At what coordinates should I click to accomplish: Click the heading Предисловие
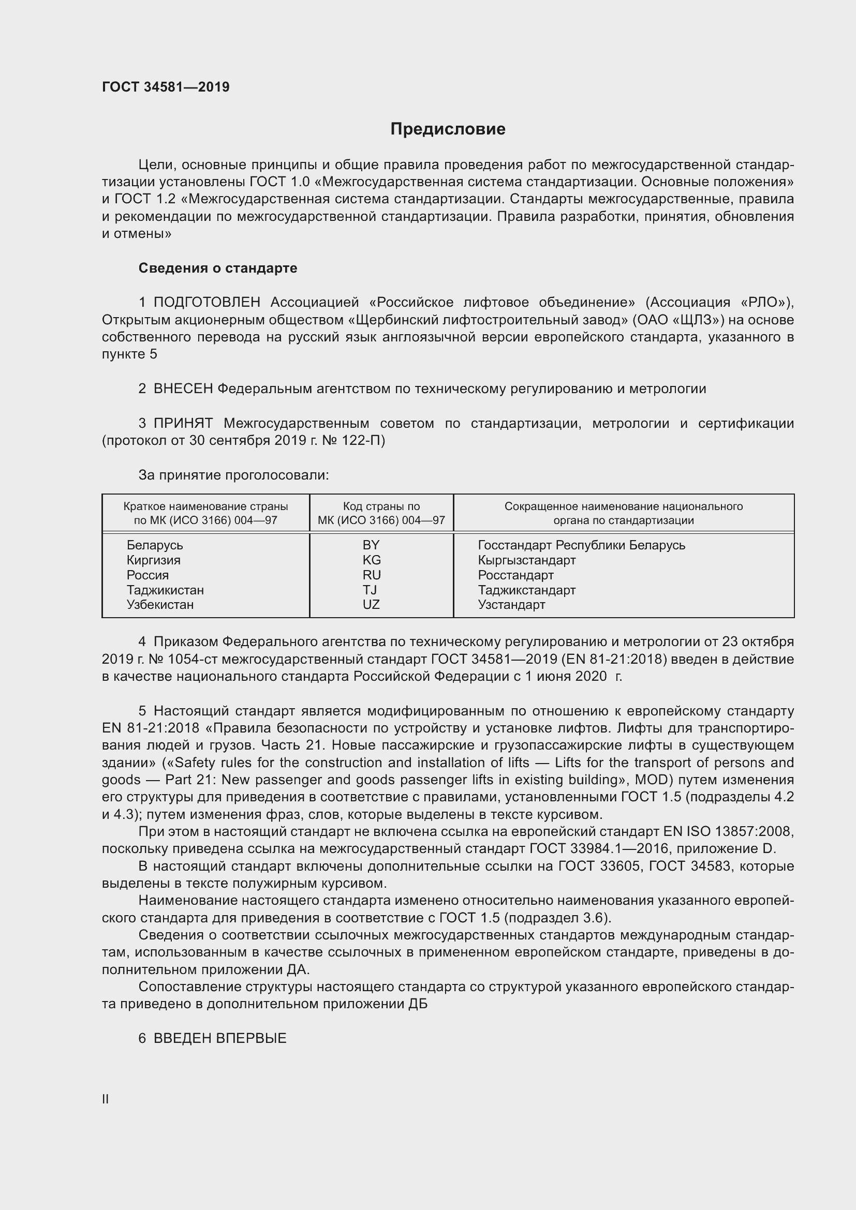448,129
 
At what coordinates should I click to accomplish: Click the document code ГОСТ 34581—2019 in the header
166,87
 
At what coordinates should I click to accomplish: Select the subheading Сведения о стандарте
218,268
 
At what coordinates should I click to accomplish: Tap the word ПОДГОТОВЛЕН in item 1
207,303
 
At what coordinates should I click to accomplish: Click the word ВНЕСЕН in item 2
183,389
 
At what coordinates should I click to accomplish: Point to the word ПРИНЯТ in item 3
183,423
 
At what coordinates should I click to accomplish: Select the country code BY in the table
371,545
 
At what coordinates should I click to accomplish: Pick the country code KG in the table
372,560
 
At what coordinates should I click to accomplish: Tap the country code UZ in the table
371,604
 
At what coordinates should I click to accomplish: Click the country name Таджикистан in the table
165,590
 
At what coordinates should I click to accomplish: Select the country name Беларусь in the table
154,545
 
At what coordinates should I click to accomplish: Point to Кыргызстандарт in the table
526,560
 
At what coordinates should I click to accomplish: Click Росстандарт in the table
515,575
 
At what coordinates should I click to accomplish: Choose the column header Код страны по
381,506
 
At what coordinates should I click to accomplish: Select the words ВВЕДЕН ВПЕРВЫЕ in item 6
220,1038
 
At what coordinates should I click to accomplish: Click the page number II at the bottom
106,1099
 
